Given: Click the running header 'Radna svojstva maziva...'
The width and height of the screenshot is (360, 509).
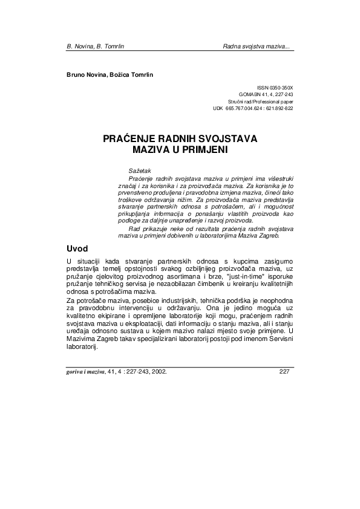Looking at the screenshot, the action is pos(257,46).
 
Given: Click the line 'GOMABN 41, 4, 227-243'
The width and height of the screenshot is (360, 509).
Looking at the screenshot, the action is pos(266,95).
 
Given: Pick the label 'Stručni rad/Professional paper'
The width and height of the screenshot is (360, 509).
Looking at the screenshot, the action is pos(260,102).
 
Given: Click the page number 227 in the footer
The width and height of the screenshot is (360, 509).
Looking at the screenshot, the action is pos(286,372).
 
